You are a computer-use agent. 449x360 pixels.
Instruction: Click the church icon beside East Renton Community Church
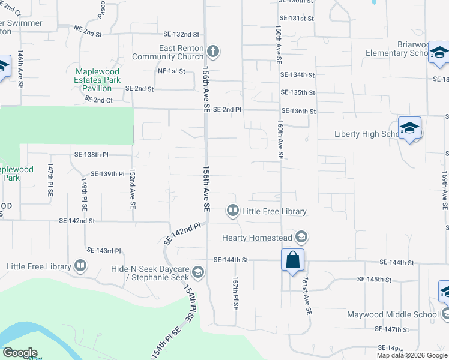[213, 51]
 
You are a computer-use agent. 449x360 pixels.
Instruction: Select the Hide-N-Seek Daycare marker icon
[197, 274]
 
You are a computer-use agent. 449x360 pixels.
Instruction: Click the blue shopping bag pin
[292, 260]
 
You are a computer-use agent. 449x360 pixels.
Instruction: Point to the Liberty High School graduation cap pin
[409, 128]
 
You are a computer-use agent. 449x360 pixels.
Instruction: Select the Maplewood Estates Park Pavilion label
[97, 80]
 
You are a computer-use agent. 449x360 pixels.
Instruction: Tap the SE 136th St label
[298, 112]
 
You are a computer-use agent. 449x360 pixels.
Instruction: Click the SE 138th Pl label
[91, 155]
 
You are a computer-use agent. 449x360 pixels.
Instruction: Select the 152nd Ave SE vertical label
[132, 188]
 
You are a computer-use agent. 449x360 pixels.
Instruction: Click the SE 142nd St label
[77, 221]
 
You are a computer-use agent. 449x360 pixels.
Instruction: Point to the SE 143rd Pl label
[104, 250]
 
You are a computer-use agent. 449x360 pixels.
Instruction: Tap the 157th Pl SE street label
[235, 293]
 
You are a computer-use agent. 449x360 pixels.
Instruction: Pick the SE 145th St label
[374, 280]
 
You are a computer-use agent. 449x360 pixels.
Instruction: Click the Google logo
[20, 353]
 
